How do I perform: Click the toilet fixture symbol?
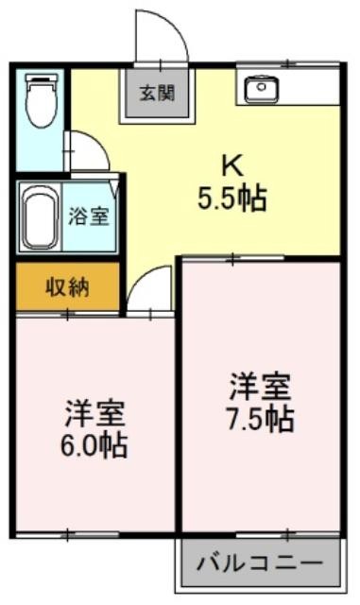[x=41, y=100]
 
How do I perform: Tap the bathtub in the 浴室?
[x=40, y=217]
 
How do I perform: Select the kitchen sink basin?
[x=262, y=89]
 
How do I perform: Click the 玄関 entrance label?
[x=157, y=93]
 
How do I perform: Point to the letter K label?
[x=231, y=166]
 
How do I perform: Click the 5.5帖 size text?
[x=232, y=198]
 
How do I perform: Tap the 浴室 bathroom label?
[x=89, y=216]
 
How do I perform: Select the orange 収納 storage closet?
[x=67, y=286]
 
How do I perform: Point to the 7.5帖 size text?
[x=260, y=418]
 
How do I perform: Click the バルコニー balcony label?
[x=260, y=563]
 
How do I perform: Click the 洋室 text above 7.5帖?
[x=260, y=387]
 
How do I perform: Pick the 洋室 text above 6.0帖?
[x=94, y=414]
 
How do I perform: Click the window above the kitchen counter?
[x=288, y=64]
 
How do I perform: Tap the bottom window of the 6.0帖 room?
[x=67, y=535]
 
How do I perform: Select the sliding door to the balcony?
[x=288, y=535]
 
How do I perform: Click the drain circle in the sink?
[x=262, y=87]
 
